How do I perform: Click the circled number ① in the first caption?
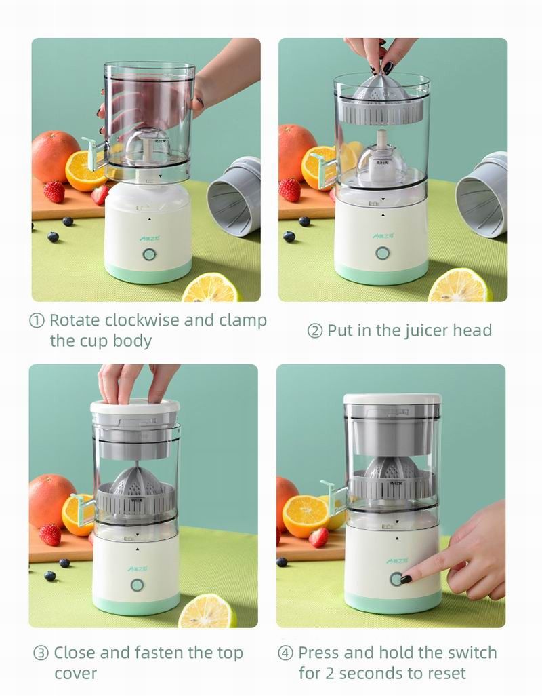(x=37, y=320)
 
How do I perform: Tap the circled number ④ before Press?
(x=286, y=653)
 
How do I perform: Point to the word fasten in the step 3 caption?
(x=165, y=653)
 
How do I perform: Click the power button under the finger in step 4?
(x=395, y=579)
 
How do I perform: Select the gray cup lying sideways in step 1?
(x=234, y=196)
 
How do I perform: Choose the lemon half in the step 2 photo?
(x=459, y=286)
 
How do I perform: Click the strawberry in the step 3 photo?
(x=49, y=534)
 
